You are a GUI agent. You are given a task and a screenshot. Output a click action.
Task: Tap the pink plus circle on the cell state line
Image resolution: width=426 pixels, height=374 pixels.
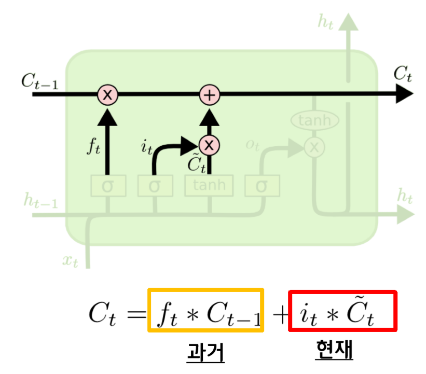210,95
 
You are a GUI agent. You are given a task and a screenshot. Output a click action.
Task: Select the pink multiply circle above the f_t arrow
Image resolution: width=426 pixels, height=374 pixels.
108,95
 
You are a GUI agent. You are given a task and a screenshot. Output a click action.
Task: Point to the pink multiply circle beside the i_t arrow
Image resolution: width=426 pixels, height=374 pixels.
210,146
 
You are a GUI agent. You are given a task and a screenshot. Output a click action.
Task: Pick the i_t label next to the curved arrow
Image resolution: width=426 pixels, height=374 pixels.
147,147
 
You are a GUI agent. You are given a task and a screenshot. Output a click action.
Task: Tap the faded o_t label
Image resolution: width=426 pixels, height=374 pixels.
253,146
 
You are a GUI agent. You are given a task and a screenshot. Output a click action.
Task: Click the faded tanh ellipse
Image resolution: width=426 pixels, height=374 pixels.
314,121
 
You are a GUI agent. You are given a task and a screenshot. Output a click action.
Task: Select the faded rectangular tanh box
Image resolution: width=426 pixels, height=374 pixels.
209,186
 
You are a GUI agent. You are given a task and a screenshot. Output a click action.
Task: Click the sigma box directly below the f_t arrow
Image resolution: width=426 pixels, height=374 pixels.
108,186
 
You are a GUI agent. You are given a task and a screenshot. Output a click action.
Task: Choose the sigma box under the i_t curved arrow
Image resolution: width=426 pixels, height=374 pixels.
155,186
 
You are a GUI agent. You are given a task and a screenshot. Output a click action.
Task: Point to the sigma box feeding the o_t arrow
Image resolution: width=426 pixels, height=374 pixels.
262,186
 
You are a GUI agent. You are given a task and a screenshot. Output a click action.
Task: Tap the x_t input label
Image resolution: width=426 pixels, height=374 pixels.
70,261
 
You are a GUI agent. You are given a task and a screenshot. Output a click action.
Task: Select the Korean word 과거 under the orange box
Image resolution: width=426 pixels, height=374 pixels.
206,353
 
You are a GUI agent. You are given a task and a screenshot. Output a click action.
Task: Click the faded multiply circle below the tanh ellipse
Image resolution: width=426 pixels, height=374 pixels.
313,147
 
